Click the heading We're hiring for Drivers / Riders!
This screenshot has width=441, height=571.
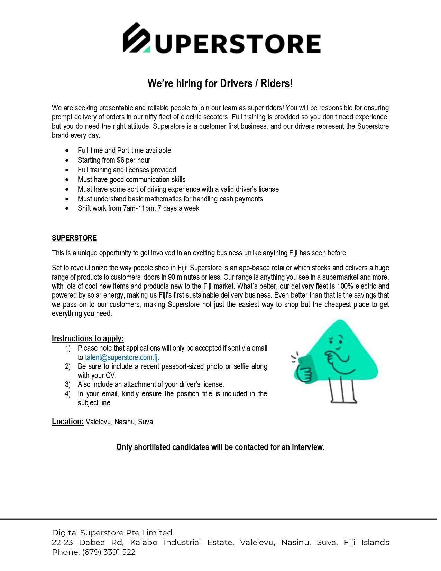click(220, 83)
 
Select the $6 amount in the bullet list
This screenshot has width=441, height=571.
click(121, 160)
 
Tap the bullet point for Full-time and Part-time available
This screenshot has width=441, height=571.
click(67, 151)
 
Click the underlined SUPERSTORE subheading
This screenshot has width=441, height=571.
click(74, 238)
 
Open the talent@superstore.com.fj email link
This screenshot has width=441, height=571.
click(121, 357)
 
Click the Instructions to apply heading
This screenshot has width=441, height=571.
click(88, 338)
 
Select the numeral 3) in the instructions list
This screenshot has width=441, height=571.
click(68, 384)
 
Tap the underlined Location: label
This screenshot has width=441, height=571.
click(68, 422)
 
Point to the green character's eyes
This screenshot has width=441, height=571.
click(336, 339)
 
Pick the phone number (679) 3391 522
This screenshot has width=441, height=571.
click(109, 552)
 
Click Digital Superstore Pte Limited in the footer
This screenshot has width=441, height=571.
click(112, 533)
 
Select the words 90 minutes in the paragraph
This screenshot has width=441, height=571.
click(181, 277)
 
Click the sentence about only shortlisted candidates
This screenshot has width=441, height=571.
click(220, 447)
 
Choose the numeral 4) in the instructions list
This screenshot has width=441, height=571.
click(68, 394)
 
